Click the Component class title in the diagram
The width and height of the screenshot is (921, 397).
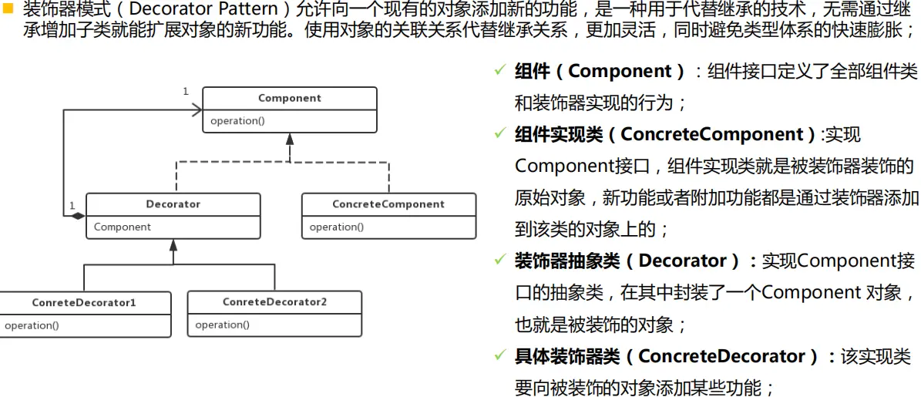pyautogui.click(x=289, y=98)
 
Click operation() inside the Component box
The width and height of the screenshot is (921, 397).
pyautogui.click(x=237, y=121)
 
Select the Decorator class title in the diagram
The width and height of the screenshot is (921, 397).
pyautogui.click(x=173, y=204)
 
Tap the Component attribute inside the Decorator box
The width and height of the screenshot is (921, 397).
pyautogui.click(x=123, y=227)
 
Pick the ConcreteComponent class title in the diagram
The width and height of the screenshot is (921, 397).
pyautogui.click(x=388, y=204)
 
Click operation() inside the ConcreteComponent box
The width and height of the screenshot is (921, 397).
pyautogui.click(x=337, y=227)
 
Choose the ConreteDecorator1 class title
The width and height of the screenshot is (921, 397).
pyautogui.click(x=84, y=302)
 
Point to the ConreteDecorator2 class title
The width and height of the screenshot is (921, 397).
pyautogui.click(x=274, y=302)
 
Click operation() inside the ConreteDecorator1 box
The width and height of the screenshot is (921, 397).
pyautogui.click(x=32, y=325)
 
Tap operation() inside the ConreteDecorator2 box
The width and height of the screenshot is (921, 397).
pyautogui.click(x=222, y=325)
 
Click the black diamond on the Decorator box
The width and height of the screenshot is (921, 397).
pyautogui.click(x=78, y=216)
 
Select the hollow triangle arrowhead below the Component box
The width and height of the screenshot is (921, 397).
pyautogui.click(x=290, y=140)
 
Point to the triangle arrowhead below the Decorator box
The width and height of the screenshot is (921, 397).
pyautogui.click(x=173, y=245)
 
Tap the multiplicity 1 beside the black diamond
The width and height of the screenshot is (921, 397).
pyautogui.click(x=72, y=205)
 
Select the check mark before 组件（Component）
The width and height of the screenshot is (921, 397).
pyautogui.click(x=499, y=71)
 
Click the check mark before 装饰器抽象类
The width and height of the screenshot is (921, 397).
pyautogui.click(x=499, y=261)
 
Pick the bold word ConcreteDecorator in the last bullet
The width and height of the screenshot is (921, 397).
pyautogui.click(x=727, y=356)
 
